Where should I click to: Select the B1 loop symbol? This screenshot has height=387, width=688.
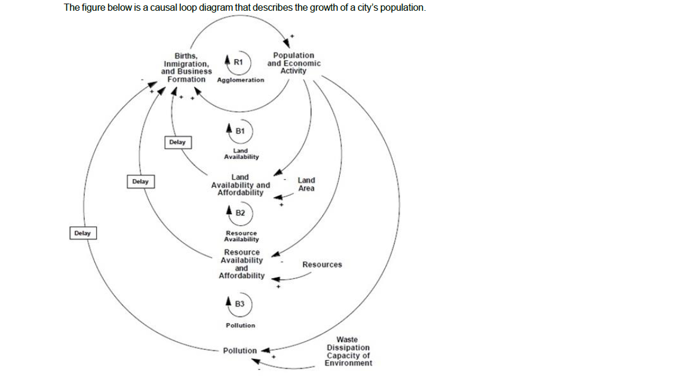240,130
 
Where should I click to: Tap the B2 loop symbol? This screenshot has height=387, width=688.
240,212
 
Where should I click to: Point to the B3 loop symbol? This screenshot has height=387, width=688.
240,303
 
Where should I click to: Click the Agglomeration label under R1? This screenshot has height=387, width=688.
241,79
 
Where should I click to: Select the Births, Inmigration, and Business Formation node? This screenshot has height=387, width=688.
186,67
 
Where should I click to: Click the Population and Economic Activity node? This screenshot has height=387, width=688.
293,63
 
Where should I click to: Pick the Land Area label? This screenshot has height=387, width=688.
306,184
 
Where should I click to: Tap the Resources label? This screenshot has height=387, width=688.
322,265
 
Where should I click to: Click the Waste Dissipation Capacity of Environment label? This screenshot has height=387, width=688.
348,351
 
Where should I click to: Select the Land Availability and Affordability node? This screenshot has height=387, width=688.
240,185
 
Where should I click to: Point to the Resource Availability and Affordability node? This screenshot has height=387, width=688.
241,264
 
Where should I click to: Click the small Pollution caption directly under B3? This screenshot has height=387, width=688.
240,325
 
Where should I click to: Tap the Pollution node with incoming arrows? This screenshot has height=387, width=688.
239,351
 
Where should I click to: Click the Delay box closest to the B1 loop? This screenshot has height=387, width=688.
177,142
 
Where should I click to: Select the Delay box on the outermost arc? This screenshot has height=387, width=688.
82,233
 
